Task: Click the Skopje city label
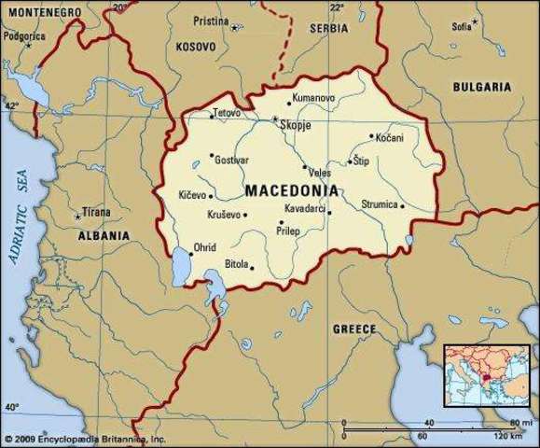pyautogui.click(x=297, y=124)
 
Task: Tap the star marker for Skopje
pyautogui.click(x=274, y=119)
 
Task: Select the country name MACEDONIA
pyautogui.click(x=292, y=190)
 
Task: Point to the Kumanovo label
pyautogui.click(x=313, y=98)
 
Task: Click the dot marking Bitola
pyautogui.click(x=250, y=266)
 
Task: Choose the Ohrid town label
pyautogui.click(x=203, y=247)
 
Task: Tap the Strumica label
pyautogui.click(x=380, y=204)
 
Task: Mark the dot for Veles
pyautogui.click(x=304, y=168)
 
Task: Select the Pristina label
pyautogui.click(x=211, y=20)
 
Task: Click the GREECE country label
pyautogui.click(x=354, y=329)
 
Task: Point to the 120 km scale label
pyautogui.click(x=508, y=436)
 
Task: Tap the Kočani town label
pyautogui.click(x=391, y=137)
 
